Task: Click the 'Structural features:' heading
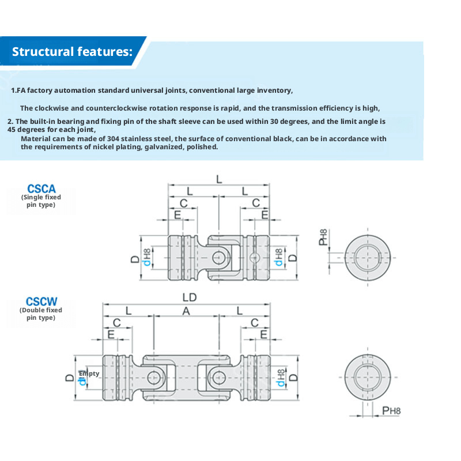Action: point(72,51)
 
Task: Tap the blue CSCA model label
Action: point(41,188)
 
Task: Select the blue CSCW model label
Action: point(41,301)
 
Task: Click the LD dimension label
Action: point(190,297)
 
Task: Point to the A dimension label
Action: point(186,311)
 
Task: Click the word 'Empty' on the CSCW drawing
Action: point(89,373)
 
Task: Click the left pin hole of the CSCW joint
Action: point(153,378)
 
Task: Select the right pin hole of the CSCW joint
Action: point(218,378)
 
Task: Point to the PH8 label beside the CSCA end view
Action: point(324,237)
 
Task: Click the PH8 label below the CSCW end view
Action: point(391,410)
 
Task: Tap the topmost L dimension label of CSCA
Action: point(219,179)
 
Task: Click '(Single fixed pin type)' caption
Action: point(41,201)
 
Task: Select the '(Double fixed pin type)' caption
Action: point(41,313)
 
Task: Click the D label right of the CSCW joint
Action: point(294,377)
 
